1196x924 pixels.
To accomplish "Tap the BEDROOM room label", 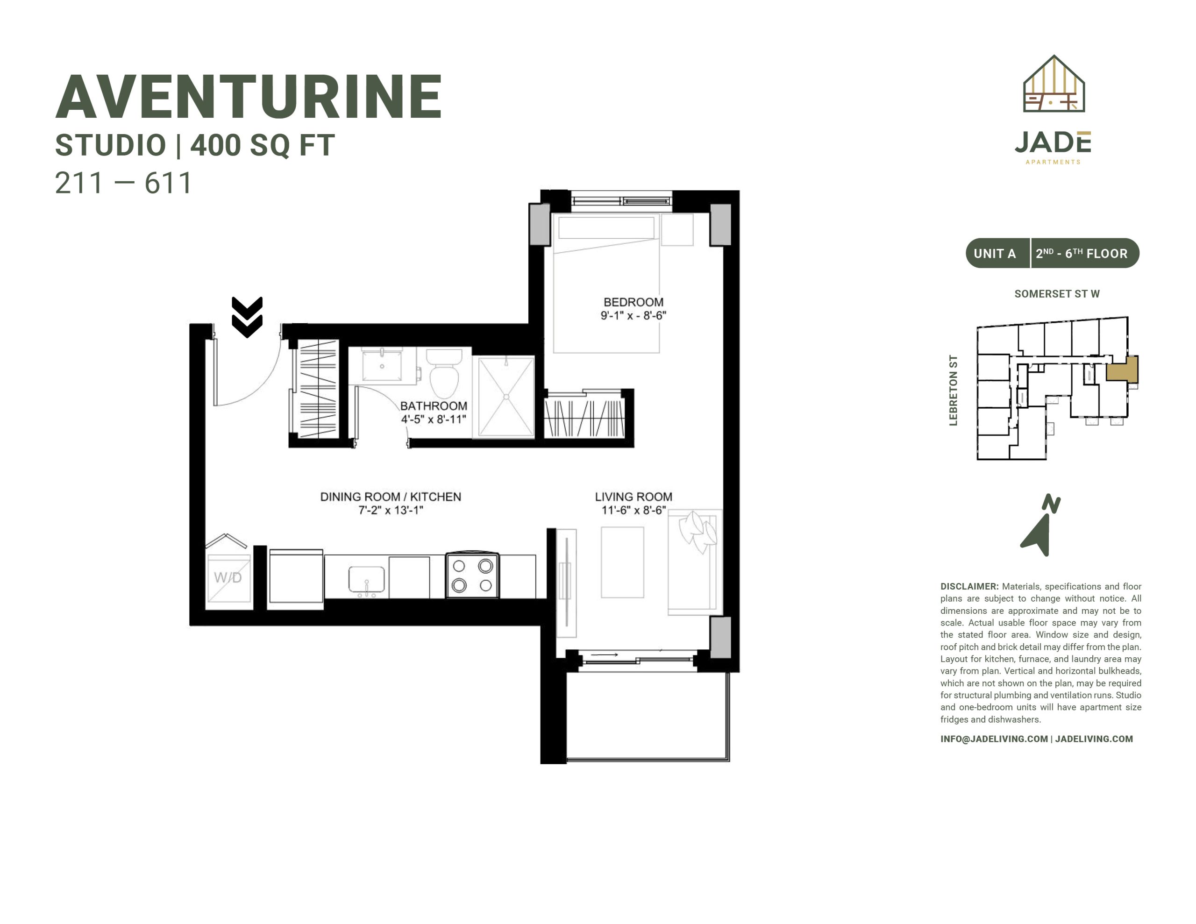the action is (x=633, y=302).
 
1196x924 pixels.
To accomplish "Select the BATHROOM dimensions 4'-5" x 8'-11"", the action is (x=433, y=419).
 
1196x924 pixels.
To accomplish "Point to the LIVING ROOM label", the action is (x=634, y=497).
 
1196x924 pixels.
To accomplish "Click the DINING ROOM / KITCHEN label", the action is (x=391, y=497).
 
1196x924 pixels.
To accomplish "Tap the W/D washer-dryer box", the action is (x=228, y=578).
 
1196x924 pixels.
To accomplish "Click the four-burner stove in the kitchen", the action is (x=472, y=575).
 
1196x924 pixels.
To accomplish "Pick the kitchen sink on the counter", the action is (x=366, y=581).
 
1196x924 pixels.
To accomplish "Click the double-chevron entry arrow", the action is (x=247, y=317).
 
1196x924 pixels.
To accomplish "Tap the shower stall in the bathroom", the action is (x=506, y=397).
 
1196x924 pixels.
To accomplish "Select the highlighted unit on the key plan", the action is (x=1122, y=369).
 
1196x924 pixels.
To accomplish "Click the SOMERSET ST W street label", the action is (x=1057, y=293).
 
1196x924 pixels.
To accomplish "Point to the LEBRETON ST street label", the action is (x=954, y=390).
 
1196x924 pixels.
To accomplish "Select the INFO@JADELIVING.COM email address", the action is (x=994, y=739).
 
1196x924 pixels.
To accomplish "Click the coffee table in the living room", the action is (x=622, y=562).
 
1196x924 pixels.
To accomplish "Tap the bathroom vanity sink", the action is (x=382, y=365).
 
